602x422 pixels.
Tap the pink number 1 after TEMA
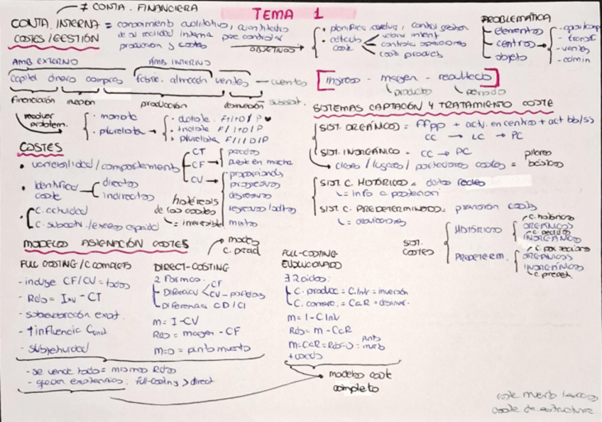[317, 13]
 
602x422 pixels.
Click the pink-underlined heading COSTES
[40, 148]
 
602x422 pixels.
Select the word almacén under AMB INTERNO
[189, 80]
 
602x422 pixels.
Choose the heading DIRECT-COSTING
[191, 267]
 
